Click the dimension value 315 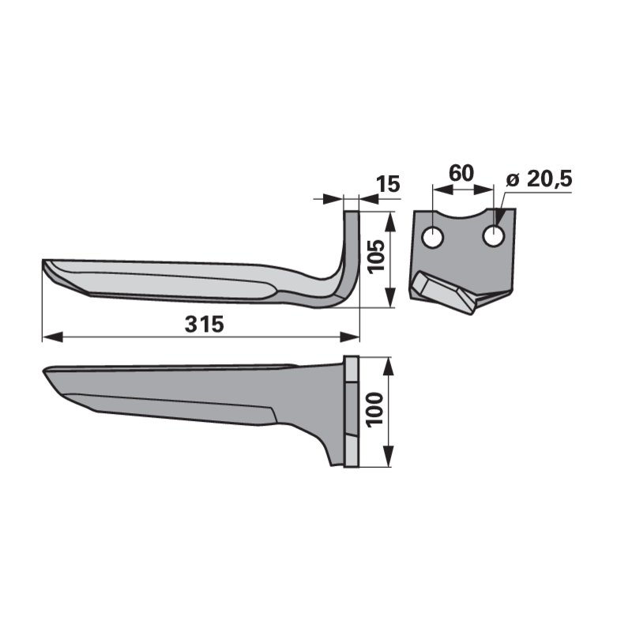[x=204, y=325]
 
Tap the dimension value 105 [x=378, y=257]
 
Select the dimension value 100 [x=374, y=409]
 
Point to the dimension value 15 [x=387, y=184]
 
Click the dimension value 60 [x=461, y=173]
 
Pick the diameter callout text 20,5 [x=549, y=180]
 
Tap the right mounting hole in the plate [x=493, y=235]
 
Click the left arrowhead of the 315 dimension [x=52, y=337]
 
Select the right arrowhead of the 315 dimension [x=349, y=337]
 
